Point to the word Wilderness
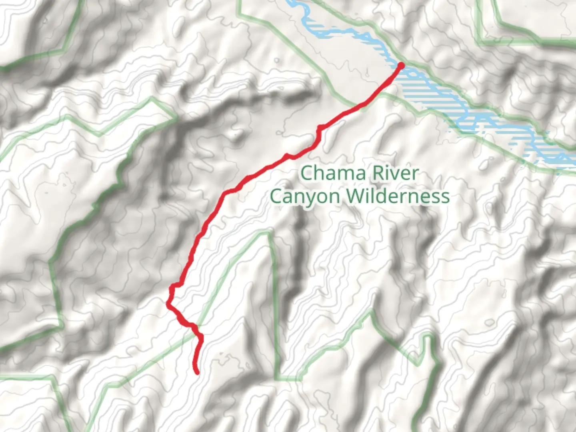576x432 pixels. pos(398,196)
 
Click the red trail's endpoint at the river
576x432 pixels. pos(401,65)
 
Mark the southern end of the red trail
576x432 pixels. pos(197,373)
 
